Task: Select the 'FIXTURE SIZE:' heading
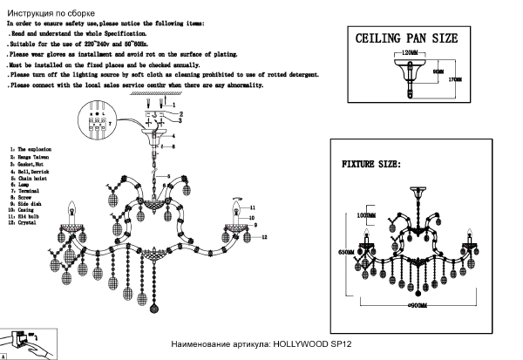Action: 370,164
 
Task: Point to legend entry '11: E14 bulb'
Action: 26,217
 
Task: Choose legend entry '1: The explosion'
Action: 32,150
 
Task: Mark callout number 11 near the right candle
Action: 251,207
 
